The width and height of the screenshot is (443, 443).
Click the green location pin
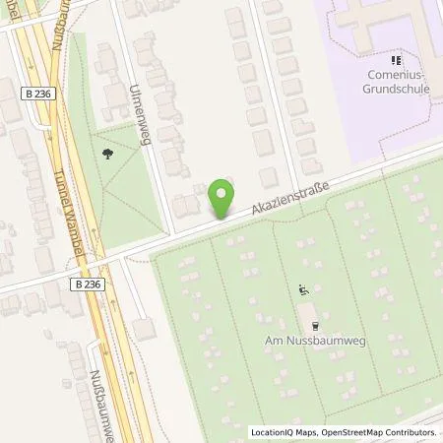tap(222, 196)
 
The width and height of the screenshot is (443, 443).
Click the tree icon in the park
tap(105, 153)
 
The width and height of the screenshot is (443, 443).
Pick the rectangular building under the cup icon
tap(308, 314)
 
